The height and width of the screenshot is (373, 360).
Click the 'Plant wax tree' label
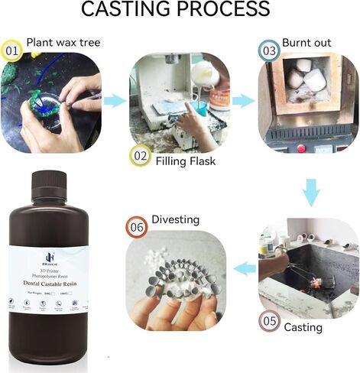click(63, 42)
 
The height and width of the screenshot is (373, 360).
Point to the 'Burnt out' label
click(307, 42)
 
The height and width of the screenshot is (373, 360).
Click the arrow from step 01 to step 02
click(116, 100)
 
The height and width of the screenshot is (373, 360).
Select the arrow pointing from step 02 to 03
click(243, 100)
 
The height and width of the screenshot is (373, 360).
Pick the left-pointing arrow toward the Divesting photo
click(244, 268)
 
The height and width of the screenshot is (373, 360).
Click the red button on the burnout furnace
click(300, 148)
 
